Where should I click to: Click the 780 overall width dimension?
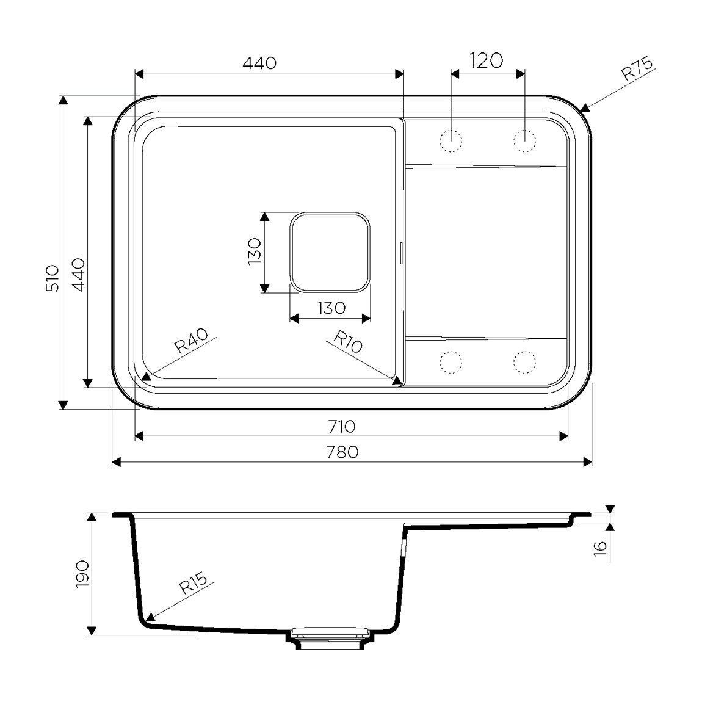tap(342, 452)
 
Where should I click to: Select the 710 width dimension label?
tap(342, 427)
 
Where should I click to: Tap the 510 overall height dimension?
tap(53, 278)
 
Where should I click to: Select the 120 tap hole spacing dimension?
tap(487, 61)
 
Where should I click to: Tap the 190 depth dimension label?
tap(83, 574)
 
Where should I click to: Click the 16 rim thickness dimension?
tap(600, 547)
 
